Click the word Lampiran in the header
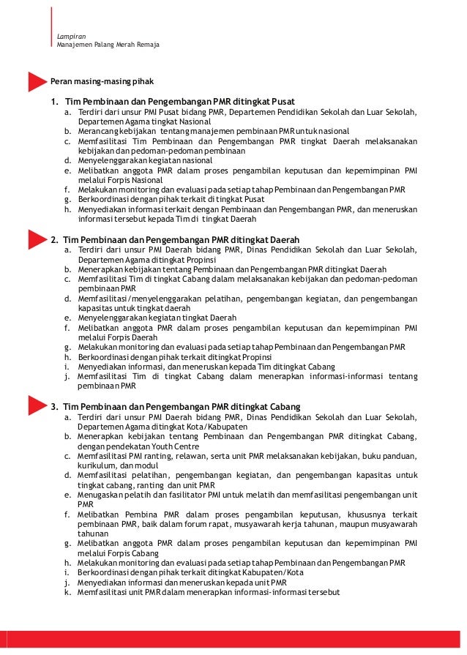tap(70, 36)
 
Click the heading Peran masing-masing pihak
tap(102, 81)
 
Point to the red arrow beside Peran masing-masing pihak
tap(37, 81)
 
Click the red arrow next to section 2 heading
tap(37, 239)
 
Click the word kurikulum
tap(98, 465)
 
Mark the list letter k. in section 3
tap(67, 592)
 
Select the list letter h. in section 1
tap(67, 209)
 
